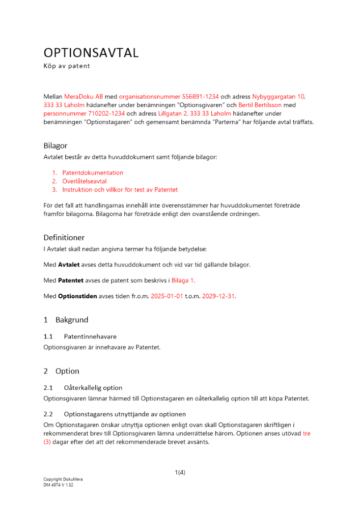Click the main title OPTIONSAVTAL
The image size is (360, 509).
[x=91, y=53]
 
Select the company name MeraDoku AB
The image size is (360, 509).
[x=84, y=96]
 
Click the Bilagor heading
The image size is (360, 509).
[x=56, y=146]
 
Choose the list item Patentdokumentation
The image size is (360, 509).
[x=93, y=173]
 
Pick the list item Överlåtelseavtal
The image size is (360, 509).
[x=85, y=181]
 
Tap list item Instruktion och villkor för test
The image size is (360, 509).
[x=120, y=189]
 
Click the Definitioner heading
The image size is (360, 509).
[x=64, y=237]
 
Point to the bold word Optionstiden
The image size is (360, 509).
[x=76, y=296]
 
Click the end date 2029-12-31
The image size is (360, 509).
[x=218, y=296]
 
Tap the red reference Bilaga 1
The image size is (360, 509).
[x=182, y=280]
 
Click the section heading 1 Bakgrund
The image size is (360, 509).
[x=66, y=320]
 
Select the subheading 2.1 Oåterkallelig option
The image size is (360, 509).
[x=83, y=387]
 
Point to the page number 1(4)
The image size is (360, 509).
[x=180, y=472]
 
